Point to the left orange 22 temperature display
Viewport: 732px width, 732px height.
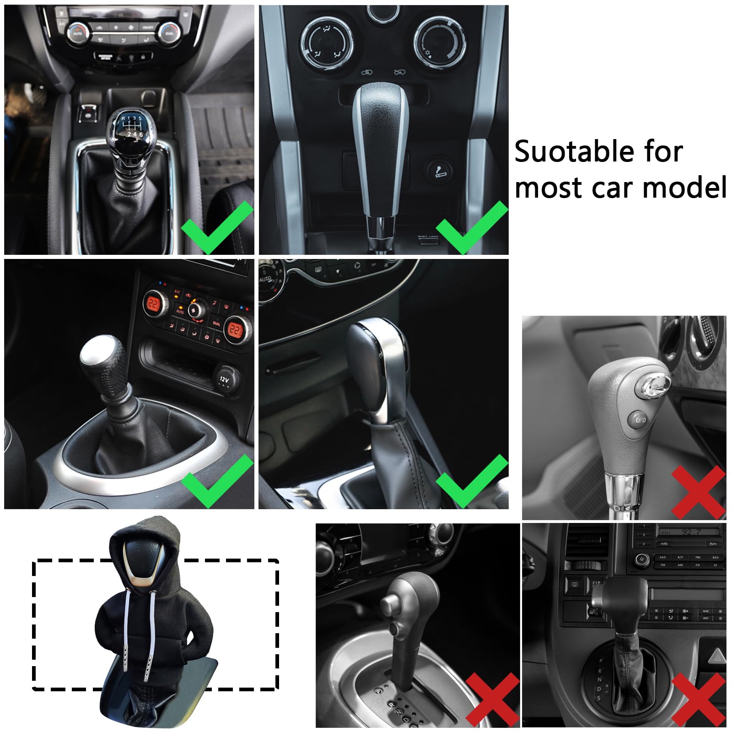point(153,304)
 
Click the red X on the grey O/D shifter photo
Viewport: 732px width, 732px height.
point(698,492)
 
